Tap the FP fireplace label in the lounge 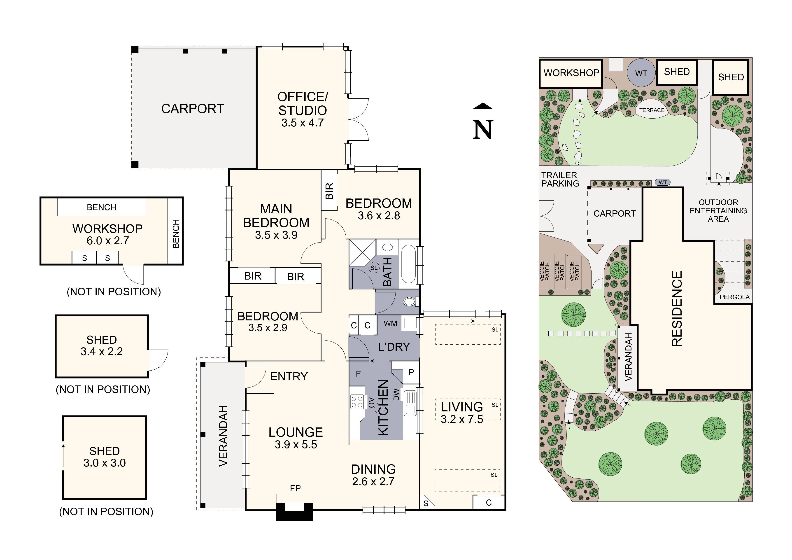(295, 488)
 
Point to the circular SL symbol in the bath (374, 267)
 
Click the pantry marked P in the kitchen (411, 372)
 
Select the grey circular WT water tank (641, 73)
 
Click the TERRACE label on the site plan (652, 110)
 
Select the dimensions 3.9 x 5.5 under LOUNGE (296, 444)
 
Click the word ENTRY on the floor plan (289, 376)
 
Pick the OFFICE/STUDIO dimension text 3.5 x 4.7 (303, 122)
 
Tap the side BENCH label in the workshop (176, 233)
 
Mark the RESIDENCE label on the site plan (677, 308)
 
